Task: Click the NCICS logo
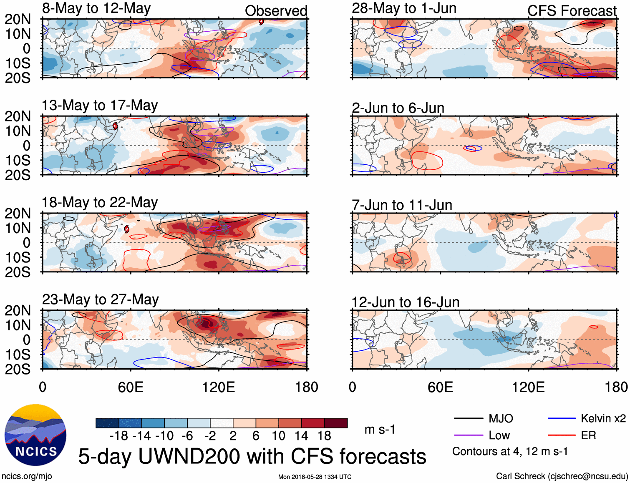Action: (35, 435)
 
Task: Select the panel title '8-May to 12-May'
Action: (96, 8)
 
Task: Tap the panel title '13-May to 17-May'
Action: (100, 106)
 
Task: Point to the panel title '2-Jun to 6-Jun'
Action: (398, 108)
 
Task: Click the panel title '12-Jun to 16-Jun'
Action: (405, 302)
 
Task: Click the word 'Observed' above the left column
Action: (276, 11)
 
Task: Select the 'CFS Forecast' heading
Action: (572, 11)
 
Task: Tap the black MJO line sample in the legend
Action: (469, 418)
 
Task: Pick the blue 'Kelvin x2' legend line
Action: (562, 418)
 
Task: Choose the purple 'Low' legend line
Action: (469, 435)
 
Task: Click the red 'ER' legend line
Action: (562, 435)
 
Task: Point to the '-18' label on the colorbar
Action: (119, 436)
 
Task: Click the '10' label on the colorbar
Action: (278, 436)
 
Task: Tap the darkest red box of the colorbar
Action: (336, 423)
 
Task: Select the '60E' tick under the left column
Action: (131, 387)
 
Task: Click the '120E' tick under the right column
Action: (528, 387)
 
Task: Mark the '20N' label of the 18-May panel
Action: (18, 214)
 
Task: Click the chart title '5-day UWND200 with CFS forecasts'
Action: (252, 456)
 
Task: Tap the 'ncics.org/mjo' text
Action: (27, 476)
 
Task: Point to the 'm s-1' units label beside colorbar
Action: (380, 429)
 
